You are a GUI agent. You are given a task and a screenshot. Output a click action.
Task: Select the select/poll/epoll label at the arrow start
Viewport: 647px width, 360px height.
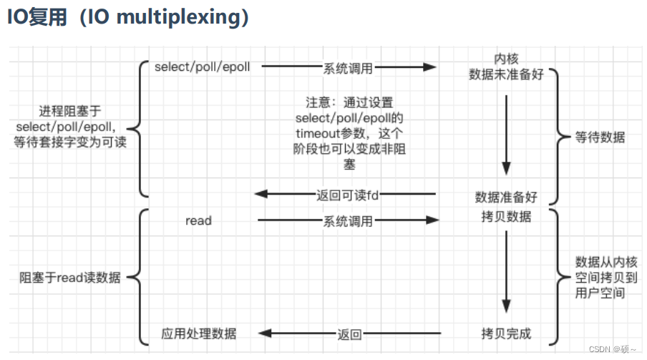(x=203, y=67)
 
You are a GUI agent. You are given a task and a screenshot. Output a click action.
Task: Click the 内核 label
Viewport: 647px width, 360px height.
(x=506, y=59)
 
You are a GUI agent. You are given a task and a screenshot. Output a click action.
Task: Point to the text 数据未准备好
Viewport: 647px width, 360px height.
(x=506, y=74)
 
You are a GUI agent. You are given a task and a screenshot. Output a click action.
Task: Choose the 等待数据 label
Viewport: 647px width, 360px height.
(x=600, y=137)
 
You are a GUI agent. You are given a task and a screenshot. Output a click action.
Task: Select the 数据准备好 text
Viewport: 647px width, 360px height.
(x=506, y=197)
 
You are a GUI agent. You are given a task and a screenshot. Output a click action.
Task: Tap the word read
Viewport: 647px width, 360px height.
(x=198, y=221)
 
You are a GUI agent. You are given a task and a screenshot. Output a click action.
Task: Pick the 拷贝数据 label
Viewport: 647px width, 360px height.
(x=506, y=216)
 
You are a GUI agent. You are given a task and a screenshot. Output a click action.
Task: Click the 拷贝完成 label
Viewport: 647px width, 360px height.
(x=506, y=334)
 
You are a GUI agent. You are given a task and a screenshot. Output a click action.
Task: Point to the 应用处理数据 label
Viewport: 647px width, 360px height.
(x=198, y=334)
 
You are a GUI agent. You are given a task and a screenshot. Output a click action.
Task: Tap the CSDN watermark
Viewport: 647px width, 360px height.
(x=612, y=349)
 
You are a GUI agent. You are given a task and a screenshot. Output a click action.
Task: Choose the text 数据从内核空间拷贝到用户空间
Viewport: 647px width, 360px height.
(x=600, y=277)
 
